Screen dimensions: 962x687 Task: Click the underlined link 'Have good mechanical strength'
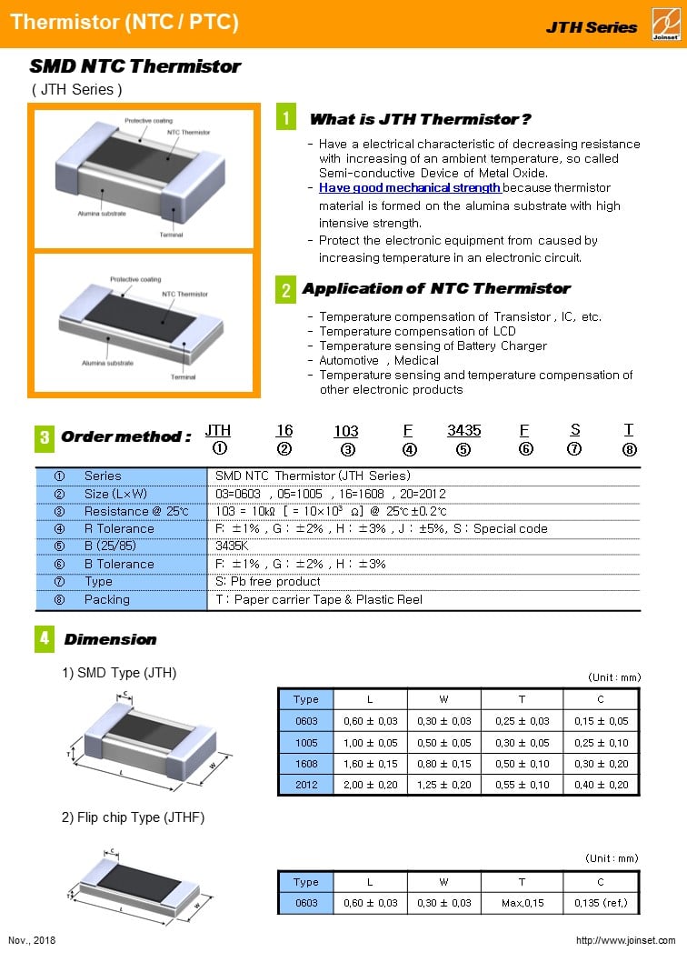[x=409, y=187]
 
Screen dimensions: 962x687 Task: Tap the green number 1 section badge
[x=286, y=118]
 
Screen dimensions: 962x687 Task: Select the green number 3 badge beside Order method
[x=45, y=437]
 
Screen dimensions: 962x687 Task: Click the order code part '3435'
[x=463, y=430]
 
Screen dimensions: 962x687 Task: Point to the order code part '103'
[x=346, y=430]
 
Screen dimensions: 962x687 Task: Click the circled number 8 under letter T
[x=629, y=448]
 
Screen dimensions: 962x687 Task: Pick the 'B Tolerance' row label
[x=119, y=564]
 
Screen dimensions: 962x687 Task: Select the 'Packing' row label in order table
[x=107, y=599]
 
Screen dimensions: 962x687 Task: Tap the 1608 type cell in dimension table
[x=306, y=764]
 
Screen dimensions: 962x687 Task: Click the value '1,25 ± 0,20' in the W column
[x=444, y=785]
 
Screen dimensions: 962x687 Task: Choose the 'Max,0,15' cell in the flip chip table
[x=523, y=903]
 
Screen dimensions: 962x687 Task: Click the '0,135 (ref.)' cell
[x=601, y=903]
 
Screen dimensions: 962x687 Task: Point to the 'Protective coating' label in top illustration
[x=149, y=121]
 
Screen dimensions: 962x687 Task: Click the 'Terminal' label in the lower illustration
[x=183, y=376]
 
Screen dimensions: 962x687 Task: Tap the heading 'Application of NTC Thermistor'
[x=436, y=288]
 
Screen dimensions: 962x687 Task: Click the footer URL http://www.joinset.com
[x=626, y=940]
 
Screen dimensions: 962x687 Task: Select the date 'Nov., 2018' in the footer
[x=32, y=940]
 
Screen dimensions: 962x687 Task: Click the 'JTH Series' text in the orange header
[x=592, y=27]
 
